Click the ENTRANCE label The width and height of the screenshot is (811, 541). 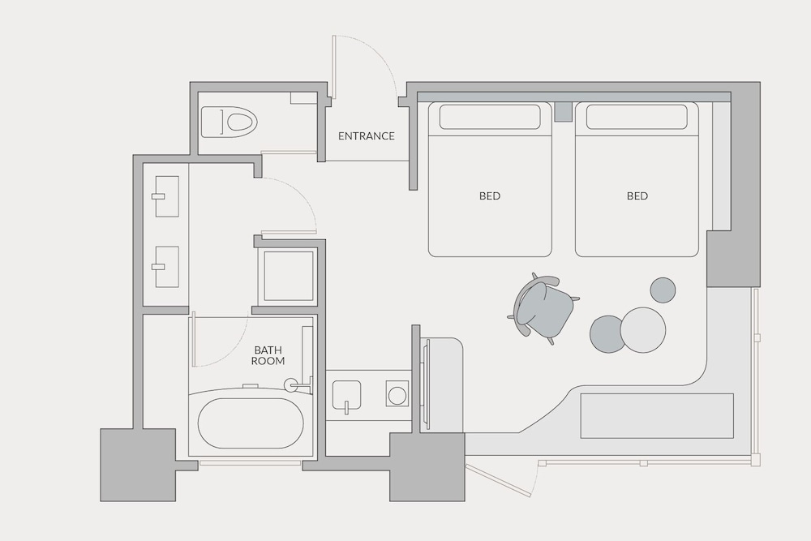pyautogui.click(x=366, y=136)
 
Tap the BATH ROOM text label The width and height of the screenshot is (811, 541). pyautogui.click(x=268, y=355)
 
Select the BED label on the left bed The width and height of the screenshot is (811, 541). pyautogui.click(x=489, y=195)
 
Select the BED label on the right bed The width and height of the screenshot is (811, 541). pyautogui.click(x=637, y=195)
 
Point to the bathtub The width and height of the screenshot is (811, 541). pyautogui.click(x=251, y=423)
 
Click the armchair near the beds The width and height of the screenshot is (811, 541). pyautogui.click(x=542, y=307)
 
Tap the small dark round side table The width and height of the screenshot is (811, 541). pyautogui.click(x=663, y=290)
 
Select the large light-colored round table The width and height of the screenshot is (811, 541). pyautogui.click(x=643, y=329)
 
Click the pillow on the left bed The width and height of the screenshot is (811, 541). pyautogui.click(x=490, y=117)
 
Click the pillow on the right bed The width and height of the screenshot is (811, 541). pyautogui.click(x=637, y=117)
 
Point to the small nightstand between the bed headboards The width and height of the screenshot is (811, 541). pyautogui.click(x=563, y=111)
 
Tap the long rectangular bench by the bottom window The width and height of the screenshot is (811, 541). pyautogui.click(x=657, y=416)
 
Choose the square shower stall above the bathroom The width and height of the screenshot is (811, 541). pyautogui.click(x=285, y=276)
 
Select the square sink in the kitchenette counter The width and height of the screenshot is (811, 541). pyautogui.click(x=350, y=395)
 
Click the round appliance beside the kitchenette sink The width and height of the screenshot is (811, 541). pyautogui.click(x=397, y=395)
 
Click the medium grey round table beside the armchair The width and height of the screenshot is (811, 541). pyautogui.click(x=608, y=333)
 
